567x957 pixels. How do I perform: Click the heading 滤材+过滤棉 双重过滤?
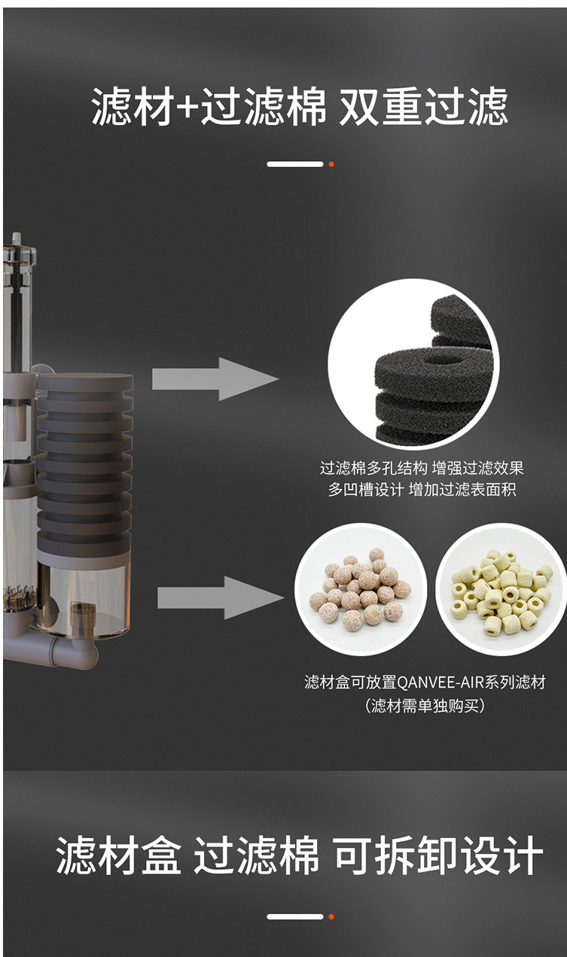coord(299,107)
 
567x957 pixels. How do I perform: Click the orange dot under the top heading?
coord(331,164)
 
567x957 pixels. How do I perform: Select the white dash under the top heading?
coord(294,164)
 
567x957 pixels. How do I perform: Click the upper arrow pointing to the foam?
coord(215,378)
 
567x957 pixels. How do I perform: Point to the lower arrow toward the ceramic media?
coord(219,597)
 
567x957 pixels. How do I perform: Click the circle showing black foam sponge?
coord(413,364)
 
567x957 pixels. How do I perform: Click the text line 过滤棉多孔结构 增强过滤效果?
coord(422,468)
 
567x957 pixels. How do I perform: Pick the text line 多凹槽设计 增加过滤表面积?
coord(422,490)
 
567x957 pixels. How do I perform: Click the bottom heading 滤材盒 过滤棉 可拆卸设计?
coord(299,855)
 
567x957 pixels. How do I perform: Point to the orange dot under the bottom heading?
coord(331,916)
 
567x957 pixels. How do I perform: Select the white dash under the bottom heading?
coord(294,916)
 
